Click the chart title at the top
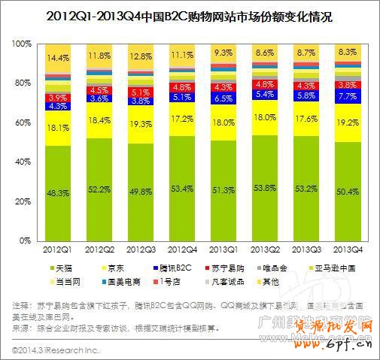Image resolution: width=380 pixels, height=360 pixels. [x=189, y=14]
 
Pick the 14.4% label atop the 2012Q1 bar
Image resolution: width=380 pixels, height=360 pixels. [x=58, y=57]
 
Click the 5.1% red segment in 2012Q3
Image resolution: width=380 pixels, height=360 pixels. [x=141, y=93]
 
